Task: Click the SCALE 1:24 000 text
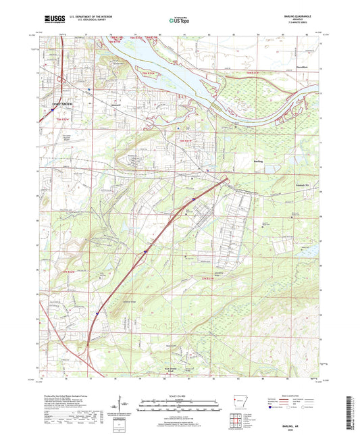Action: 180,395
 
